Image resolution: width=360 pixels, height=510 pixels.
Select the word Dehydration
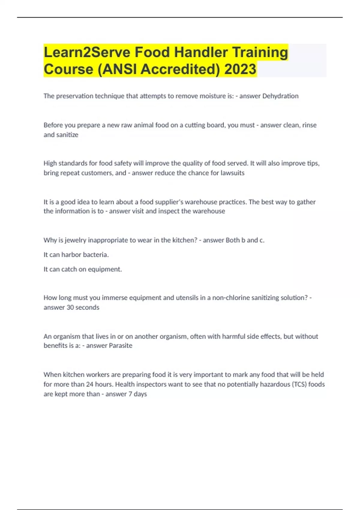click(x=280, y=96)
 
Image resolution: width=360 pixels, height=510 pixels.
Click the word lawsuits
click(x=232, y=173)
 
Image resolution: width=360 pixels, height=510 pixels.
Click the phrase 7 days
click(x=138, y=394)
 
